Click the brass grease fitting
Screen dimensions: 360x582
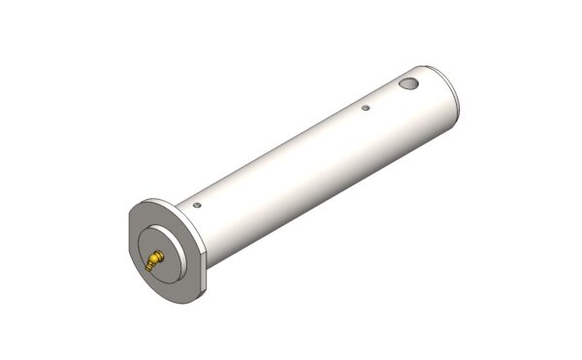[x=155, y=259]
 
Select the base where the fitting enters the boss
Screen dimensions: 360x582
[x=161, y=254]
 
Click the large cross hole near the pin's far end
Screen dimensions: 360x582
[x=409, y=84]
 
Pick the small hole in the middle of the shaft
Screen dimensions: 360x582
[x=365, y=108]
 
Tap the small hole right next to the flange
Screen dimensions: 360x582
[x=197, y=205]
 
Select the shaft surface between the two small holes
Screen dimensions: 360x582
[x=281, y=155]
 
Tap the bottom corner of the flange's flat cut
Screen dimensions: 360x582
[x=206, y=289]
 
